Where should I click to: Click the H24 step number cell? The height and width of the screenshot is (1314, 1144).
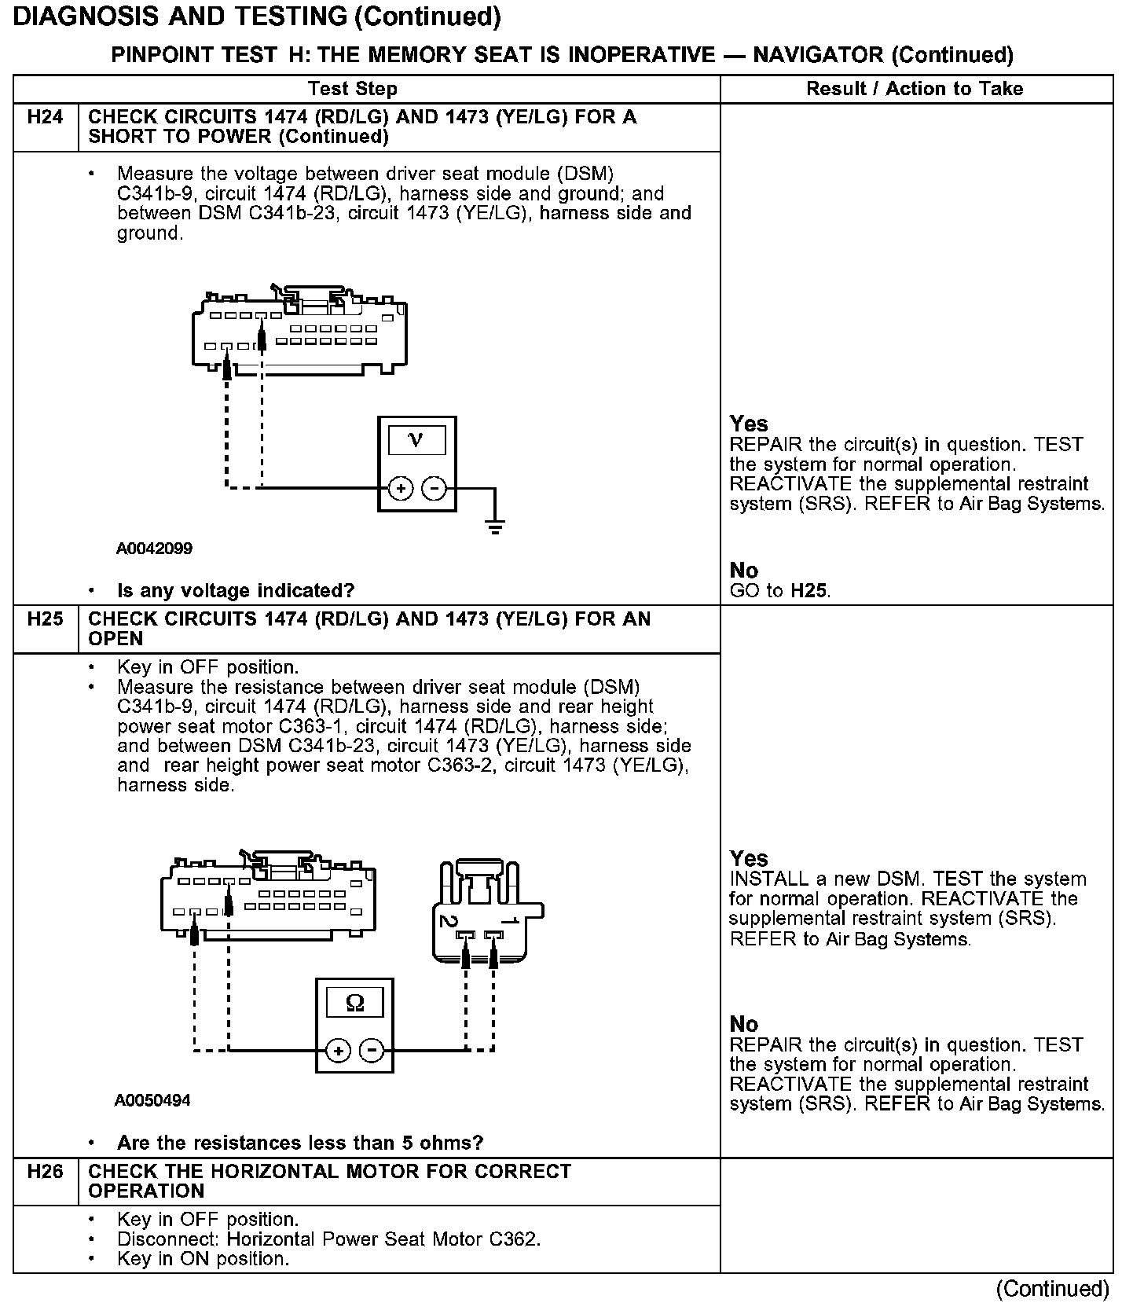click(45, 118)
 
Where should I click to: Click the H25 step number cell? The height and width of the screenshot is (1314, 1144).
click(45, 619)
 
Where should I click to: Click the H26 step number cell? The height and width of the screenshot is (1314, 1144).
click(45, 1172)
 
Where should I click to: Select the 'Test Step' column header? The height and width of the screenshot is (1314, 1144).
click(353, 89)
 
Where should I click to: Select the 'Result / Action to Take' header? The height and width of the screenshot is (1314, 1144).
click(915, 89)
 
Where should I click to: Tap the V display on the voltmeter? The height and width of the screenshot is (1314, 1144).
click(416, 440)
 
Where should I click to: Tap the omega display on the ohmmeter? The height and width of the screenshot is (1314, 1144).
click(355, 1004)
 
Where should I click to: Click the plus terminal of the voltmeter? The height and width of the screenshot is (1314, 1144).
click(401, 489)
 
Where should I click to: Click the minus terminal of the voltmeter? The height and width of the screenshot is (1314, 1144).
click(434, 489)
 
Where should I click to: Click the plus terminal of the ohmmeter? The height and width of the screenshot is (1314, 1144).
click(338, 1051)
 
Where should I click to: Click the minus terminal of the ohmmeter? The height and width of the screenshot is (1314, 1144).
click(372, 1051)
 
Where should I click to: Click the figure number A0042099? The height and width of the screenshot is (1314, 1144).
click(154, 549)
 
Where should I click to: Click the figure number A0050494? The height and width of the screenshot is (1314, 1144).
click(152, 1101)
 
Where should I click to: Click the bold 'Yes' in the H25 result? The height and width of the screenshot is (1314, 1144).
click(748, 858)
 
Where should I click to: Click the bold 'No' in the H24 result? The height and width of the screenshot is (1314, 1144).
click(743, 571)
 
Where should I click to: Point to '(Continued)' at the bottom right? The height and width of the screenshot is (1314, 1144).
click(1052, 1289)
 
